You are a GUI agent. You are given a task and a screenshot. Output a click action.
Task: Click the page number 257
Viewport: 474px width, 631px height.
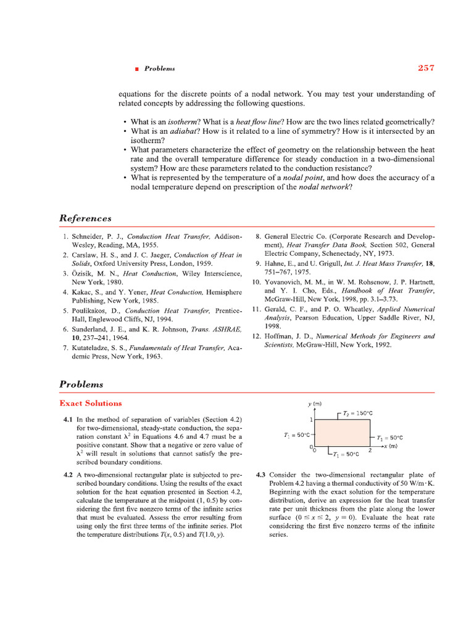point(426,68)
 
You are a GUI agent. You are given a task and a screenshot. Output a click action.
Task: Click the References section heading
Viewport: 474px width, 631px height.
point(85,218)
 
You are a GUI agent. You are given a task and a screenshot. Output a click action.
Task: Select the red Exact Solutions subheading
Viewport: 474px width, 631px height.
point(90,403)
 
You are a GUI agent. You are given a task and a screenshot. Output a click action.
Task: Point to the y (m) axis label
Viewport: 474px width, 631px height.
point(315,404)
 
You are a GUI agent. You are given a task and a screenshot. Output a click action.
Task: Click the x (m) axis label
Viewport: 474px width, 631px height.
point(389,445)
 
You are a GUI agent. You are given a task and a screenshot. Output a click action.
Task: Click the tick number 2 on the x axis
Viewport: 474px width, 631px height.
point(370,450)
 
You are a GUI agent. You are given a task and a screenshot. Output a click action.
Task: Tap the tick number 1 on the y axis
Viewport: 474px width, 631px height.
point(312,420)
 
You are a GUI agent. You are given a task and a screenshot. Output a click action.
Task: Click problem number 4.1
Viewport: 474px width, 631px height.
point(67,419)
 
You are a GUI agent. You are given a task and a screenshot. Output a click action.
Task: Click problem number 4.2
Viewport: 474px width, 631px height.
point(67,475)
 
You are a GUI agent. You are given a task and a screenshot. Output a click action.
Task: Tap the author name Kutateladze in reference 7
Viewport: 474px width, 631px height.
point(97,348)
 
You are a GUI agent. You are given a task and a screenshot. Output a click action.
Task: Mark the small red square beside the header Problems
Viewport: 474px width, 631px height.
point(136,69)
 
